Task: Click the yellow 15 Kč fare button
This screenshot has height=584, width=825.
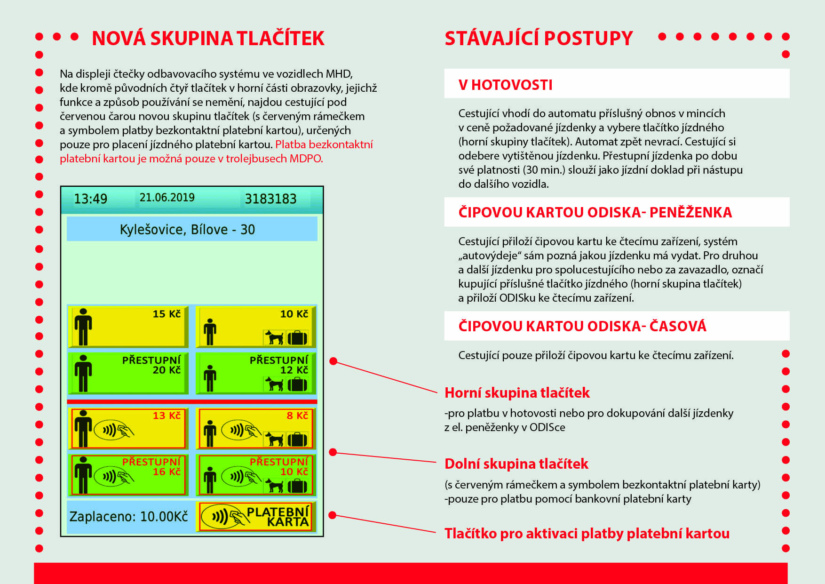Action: (128, 326)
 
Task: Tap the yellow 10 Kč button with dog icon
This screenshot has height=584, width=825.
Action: (255, 326)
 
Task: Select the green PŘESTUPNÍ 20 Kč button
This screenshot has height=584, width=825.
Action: (128, 373)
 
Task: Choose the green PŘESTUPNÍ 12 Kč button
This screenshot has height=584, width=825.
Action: (255, 373)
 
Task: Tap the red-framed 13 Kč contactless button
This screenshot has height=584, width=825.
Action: (128, 428)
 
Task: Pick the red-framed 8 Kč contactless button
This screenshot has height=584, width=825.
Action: (255, 428)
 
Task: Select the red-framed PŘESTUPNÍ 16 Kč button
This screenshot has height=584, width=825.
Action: (128, 474)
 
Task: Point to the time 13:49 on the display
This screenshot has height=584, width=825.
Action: (90, 199)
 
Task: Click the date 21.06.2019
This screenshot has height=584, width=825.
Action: (167, 198)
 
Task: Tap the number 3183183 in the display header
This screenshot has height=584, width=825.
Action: (270, 199)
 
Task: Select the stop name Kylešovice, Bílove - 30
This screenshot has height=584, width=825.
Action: (187, 230)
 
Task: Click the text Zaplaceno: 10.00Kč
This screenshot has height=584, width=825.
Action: (128, 517)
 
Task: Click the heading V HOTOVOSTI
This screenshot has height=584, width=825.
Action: (506, 85)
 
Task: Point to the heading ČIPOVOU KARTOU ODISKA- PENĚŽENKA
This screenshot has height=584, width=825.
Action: (595, 212)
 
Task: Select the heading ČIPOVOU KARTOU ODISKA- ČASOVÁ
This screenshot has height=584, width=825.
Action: (582, 326)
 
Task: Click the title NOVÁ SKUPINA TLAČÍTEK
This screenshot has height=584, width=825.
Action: (208, 39)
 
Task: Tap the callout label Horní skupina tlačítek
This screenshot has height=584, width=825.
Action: (517, 392)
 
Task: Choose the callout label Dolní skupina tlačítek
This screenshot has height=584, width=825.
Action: (516, 464)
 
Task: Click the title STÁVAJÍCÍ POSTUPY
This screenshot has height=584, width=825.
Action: (539, 39)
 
